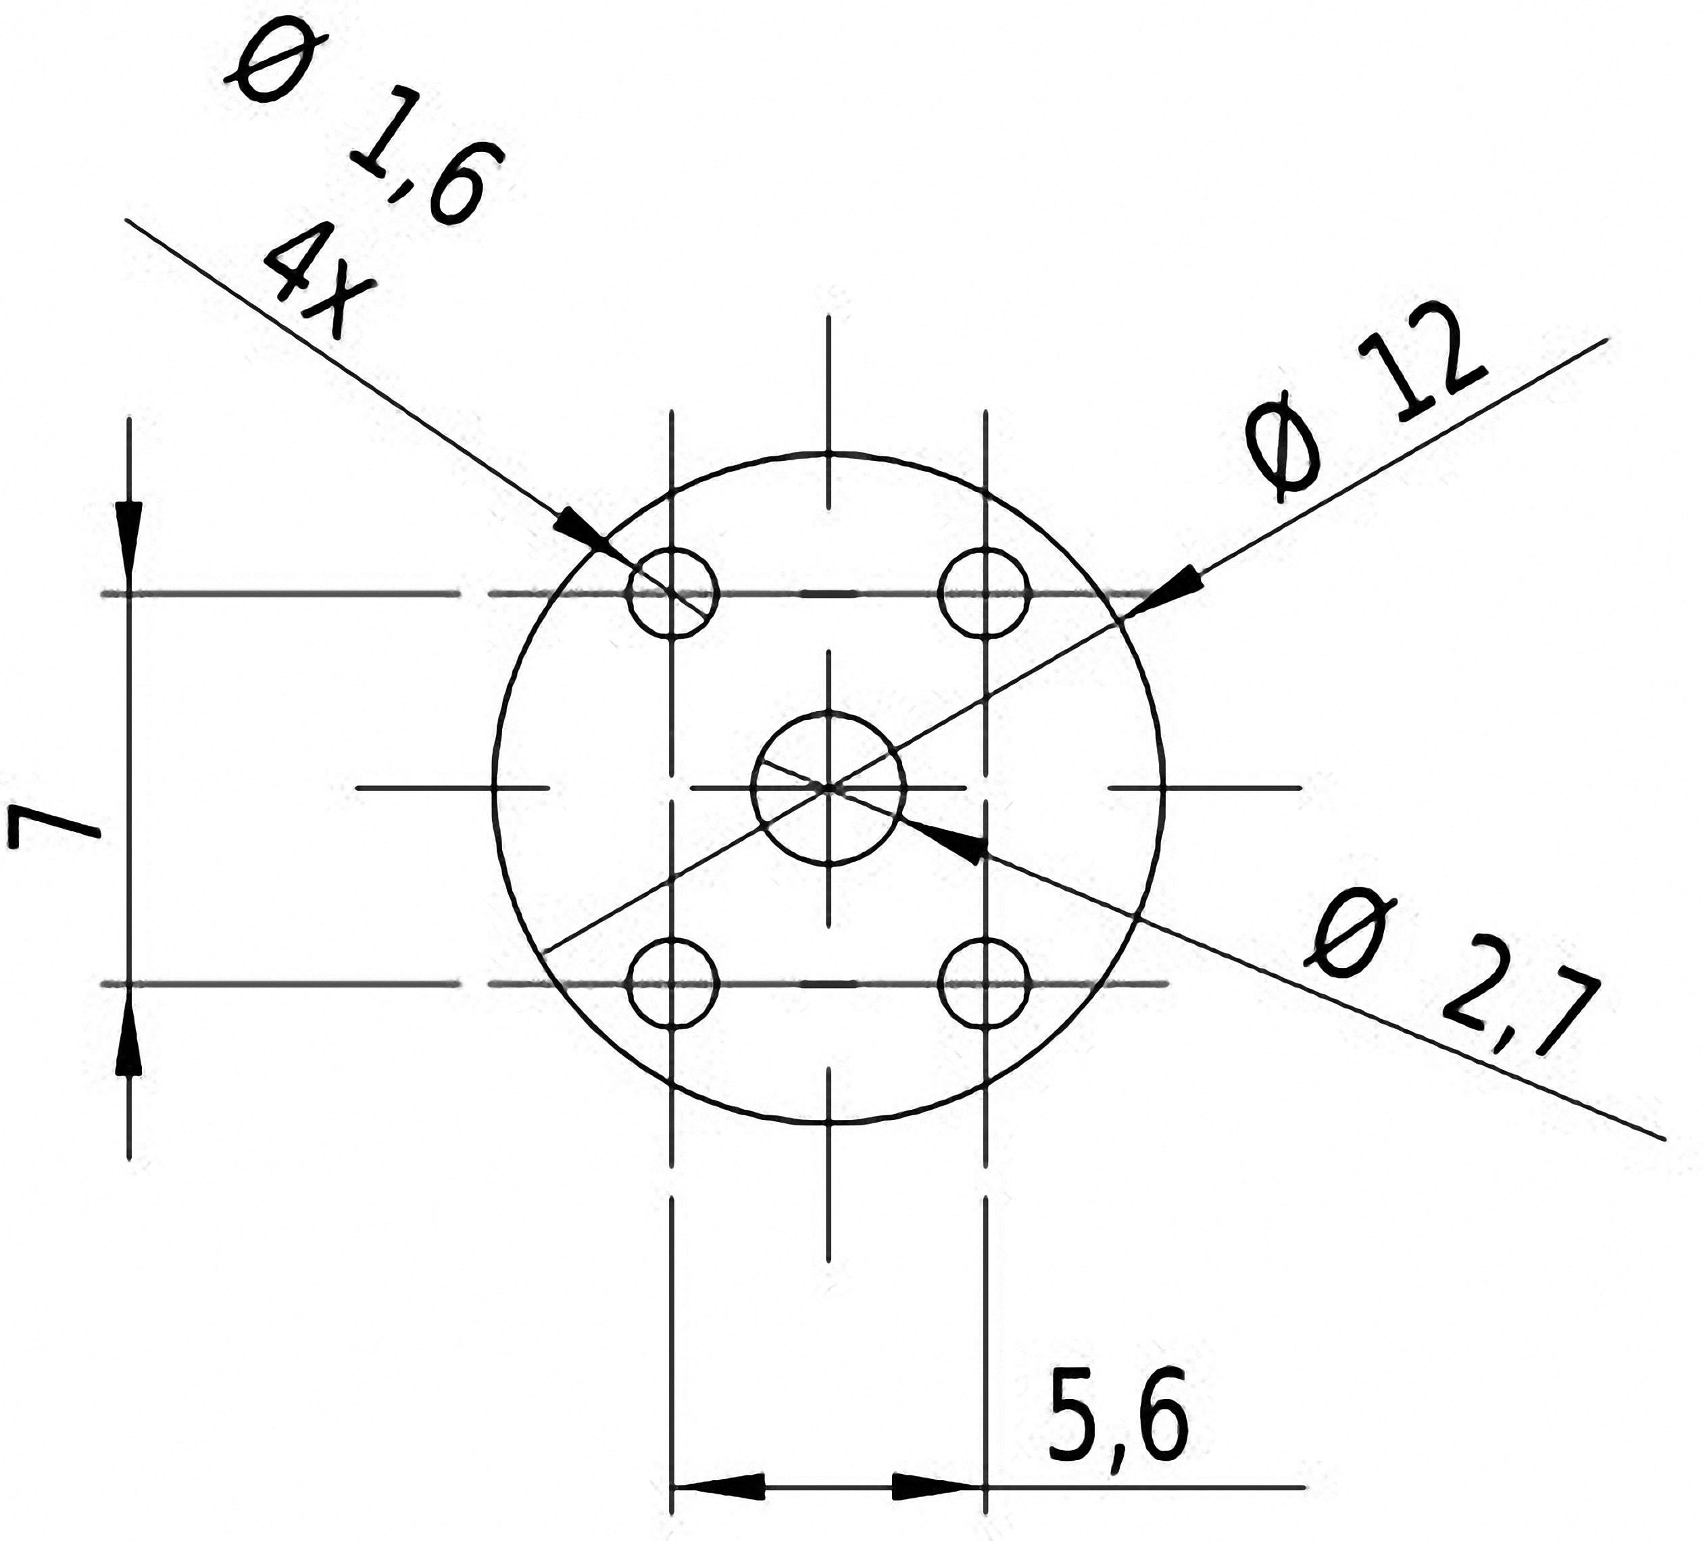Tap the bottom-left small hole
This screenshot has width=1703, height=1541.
[672, 983]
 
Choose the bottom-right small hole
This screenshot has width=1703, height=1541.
[985, 983]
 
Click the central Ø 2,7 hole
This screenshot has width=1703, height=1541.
[829, 787]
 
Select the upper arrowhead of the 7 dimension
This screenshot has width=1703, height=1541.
[128, 541]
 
